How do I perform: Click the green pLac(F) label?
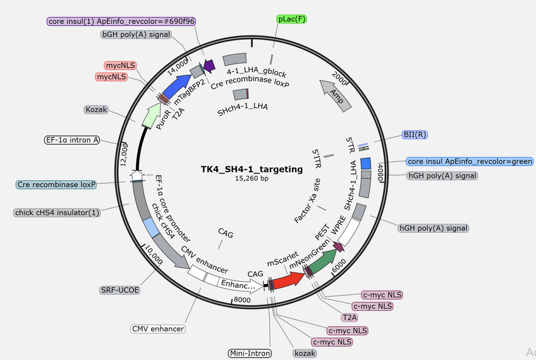pos(292,19)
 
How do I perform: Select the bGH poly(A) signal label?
pos(136,34)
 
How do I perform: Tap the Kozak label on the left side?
pos(96,109)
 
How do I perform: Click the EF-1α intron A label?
pos(72,140)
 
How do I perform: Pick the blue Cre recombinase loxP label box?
pos(57,185)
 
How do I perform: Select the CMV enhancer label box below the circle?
pos(158,328)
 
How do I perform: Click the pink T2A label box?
pos(350,318)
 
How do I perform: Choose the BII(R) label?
pos(415,135)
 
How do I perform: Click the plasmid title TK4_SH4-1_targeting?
pos(252,169)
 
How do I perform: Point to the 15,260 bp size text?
pos(252,179)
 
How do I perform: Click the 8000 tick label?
pos(242,301)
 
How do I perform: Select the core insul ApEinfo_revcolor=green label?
pos(470,162)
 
